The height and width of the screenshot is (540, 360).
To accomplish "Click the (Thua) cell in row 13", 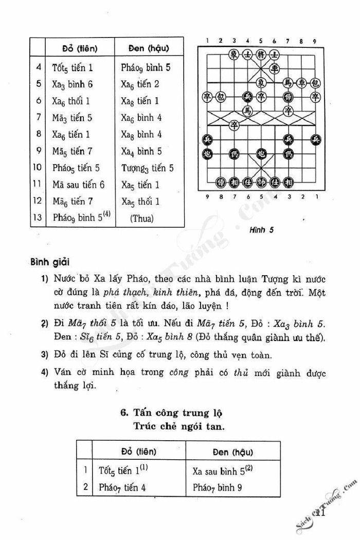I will (x=142, y=218).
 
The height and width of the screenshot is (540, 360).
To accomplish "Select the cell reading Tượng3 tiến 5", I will (x=148, y=168).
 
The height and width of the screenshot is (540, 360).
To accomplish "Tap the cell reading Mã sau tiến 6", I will (x=78, y=185).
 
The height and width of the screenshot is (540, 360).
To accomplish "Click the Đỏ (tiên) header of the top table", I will (x=80, y=49).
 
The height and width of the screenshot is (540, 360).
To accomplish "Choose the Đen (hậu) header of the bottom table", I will (x=228, y=452).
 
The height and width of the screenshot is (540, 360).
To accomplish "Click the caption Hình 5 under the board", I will (x=262, y=230).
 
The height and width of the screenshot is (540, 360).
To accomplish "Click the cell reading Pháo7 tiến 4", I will (x=122, y=487).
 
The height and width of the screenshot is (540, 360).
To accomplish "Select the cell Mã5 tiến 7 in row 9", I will (x=72, y=151).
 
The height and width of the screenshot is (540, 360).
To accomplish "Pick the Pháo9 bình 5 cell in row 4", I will (x=146, y=67).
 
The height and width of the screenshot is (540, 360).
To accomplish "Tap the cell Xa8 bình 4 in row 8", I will (x=141, y=135).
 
